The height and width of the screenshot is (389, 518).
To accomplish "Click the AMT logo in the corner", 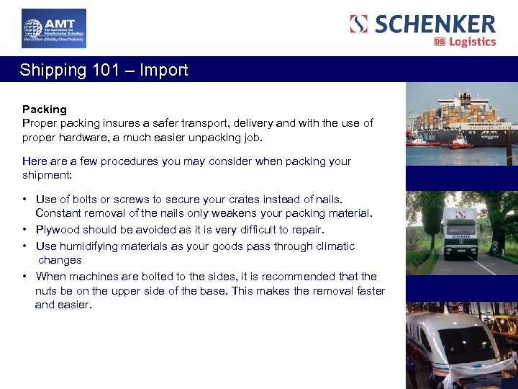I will (x=53, y=28).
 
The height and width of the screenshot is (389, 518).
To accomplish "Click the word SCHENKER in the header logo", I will (x=435, y=24).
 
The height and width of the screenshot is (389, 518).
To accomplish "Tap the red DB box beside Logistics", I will (x=440, y=42).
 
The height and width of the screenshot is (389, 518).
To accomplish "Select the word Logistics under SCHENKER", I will (x=473, y=42).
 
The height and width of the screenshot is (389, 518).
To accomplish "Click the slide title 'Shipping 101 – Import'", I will (x=104, y=70).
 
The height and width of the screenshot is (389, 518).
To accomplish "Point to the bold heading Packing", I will (x=45, y=109).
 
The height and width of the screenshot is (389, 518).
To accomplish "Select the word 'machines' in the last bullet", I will (x=97, y=277).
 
